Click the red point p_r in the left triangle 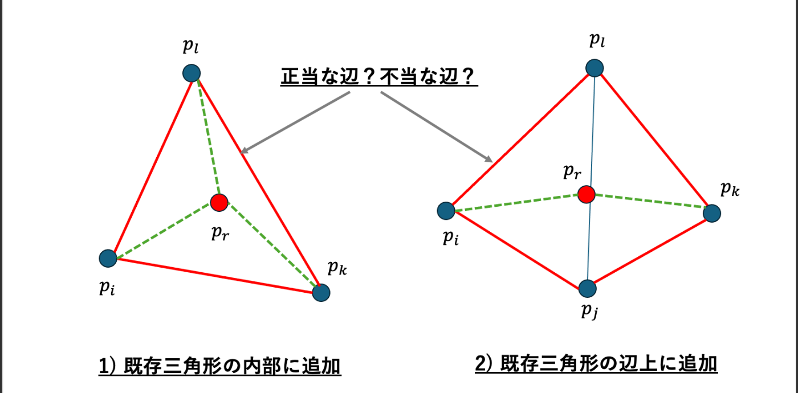[218, 202]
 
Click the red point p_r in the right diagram [586, 195]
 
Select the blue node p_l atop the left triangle [191, 73]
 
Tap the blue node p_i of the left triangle [107, 259]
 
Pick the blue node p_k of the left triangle [321, 293]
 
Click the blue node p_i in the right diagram [446, 211]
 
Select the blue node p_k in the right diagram [712, 213]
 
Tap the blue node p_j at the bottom [587, 288]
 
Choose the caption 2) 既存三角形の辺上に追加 [596, 363]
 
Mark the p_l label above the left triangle [191, 47]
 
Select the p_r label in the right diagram [571, 171]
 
